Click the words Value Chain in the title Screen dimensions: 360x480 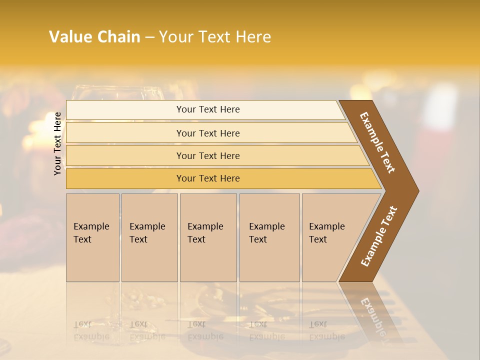(x=94, y=37)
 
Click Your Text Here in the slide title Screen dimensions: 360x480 (x=215, y=37)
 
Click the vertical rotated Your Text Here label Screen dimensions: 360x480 (x=57, y=143)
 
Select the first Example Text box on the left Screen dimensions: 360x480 (x=92, y=237)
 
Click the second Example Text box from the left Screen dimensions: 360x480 (x=149, y=237)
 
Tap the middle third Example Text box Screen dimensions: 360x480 (x=208, y=237)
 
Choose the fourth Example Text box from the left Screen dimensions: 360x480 (x=269, y=237)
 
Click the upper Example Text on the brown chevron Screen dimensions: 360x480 (x=377, y=142)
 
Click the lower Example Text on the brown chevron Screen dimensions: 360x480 (x=379, y=236)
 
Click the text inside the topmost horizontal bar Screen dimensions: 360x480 (x=208, y=109)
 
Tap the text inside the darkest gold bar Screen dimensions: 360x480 (x=208, y=178)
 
